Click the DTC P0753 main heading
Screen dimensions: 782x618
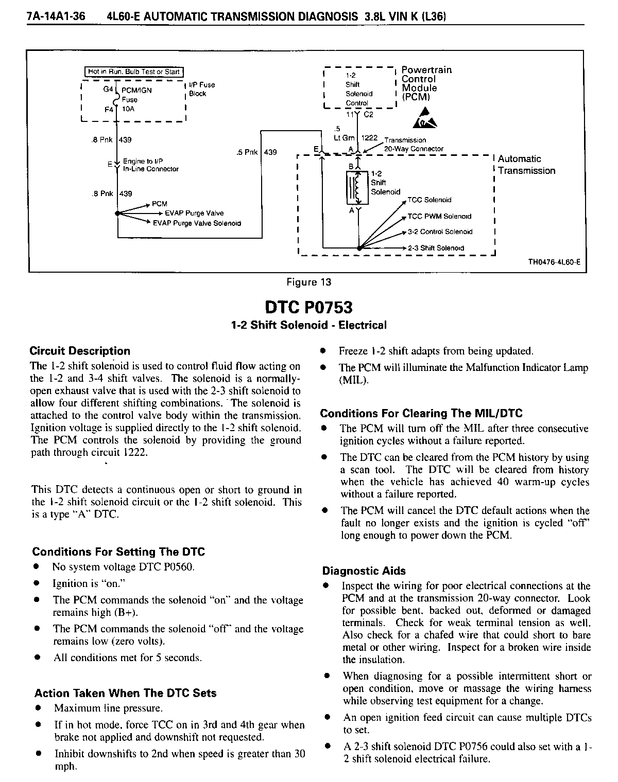click(x=308, y=307)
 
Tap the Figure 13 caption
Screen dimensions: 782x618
click(x=308, y=282)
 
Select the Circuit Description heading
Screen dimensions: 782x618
click(x=80, y=351)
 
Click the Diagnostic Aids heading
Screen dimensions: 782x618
click(x=364, y=571)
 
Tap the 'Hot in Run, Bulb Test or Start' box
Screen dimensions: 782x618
click(x=133, y=72)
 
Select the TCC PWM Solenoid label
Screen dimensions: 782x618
click(x=439, y=217)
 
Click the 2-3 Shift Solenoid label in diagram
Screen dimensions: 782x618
click(x=436, y=248)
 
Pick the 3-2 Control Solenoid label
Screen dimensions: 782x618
click(x=440, y=232)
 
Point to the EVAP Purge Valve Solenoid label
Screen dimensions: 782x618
click(x=197, y=223)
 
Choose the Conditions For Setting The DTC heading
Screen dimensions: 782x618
click(x=118, y=552)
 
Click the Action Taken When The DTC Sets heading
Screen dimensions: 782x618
click(x=125, y=693)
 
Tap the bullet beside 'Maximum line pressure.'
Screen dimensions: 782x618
click(x=38, y=708)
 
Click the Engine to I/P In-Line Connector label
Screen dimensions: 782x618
click(x=150, y=165)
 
